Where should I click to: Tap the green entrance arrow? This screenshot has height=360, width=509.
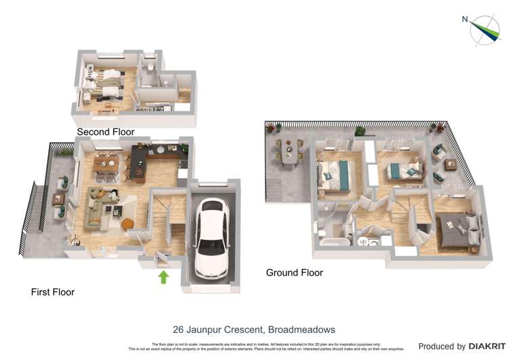[x=163, y=276]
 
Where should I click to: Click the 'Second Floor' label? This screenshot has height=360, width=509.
[x=105, y=132]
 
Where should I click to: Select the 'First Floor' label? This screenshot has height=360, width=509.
[x=52, y=292]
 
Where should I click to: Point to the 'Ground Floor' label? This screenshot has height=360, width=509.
[x=294, y=272]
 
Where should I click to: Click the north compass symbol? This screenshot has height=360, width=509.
[x=485, y=29]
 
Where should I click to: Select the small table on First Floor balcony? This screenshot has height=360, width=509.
[x=58, y=199]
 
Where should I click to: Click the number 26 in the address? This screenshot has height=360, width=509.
[x=181, y=329]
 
